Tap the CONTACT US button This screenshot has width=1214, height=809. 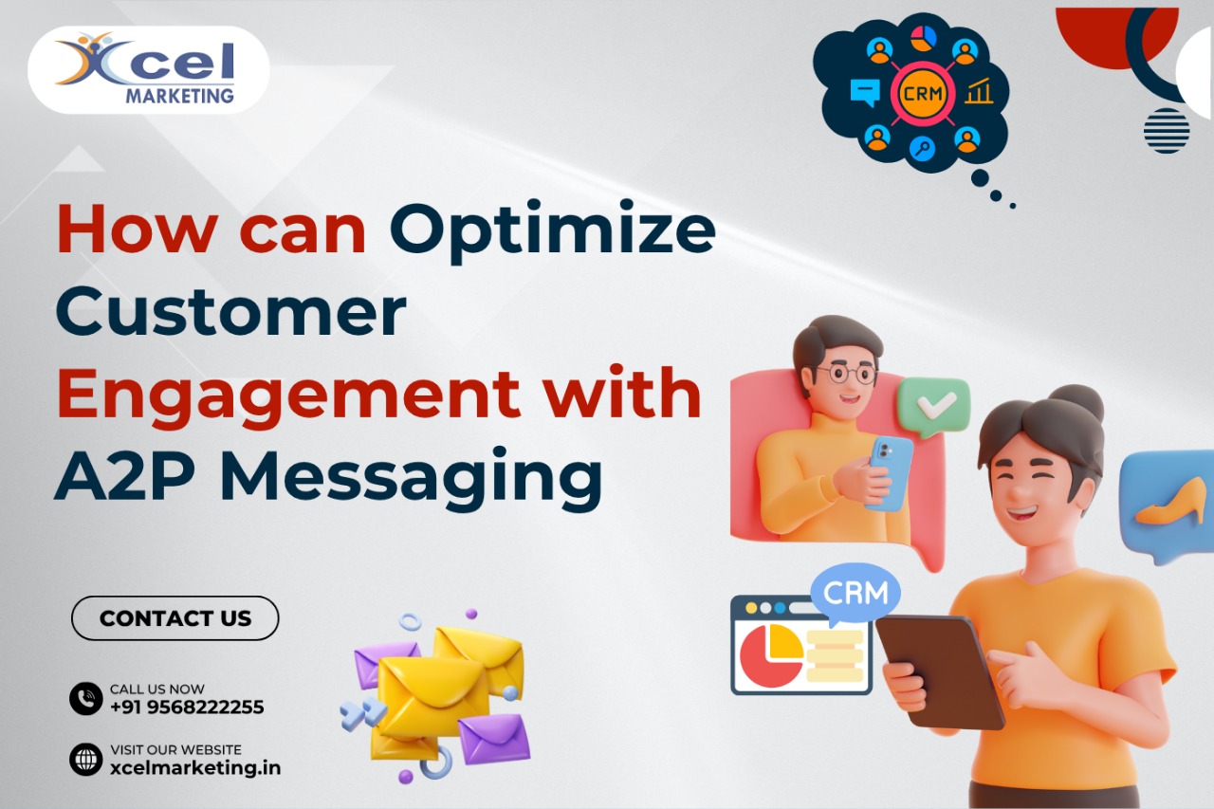[175, 618]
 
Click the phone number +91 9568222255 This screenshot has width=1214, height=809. [187, 708]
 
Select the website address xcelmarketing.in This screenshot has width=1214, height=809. [195, 768]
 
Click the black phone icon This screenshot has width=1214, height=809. [86, 699]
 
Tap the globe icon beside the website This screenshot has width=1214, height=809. [86, 759]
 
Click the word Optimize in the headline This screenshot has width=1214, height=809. [552, 230]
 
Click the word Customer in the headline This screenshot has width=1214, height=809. [230, 313]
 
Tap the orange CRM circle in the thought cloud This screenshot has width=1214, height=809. [921, 94]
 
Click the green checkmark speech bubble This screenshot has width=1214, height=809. [933, 405]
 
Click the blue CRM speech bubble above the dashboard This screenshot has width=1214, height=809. [855, 594]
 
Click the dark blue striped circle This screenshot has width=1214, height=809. [1167, 130]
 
